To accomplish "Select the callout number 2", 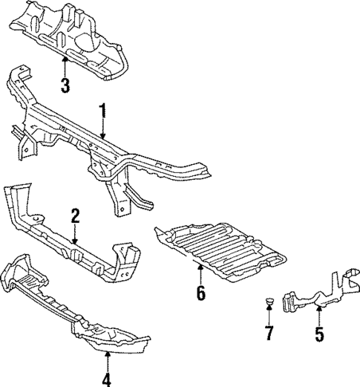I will coord(75,216).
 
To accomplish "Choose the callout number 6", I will coord(200,293).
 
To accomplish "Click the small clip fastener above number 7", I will coord(267,302).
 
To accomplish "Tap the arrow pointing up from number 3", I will coord(65,65).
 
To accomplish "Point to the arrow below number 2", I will coord(75,235).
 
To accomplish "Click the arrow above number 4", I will coord(107,360).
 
